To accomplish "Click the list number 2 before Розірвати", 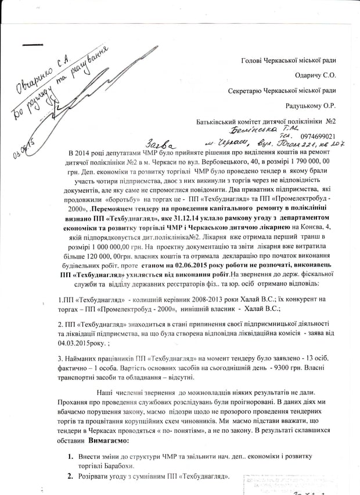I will (70, 478).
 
